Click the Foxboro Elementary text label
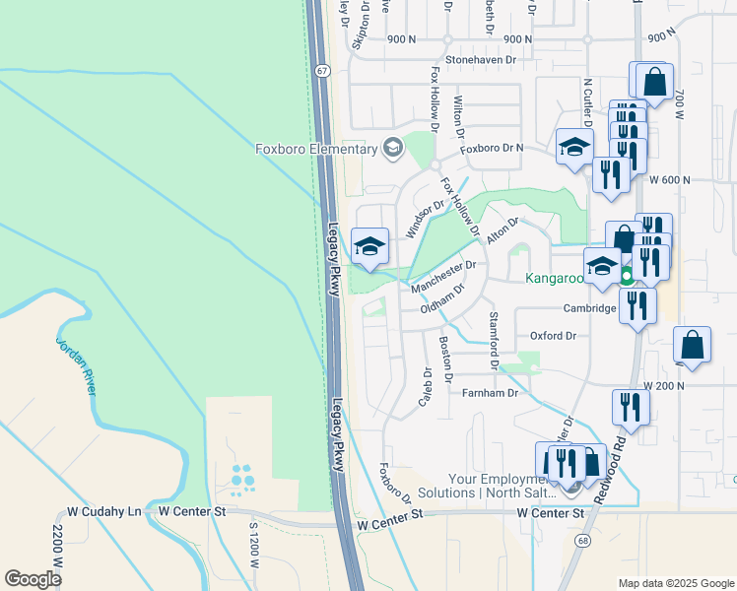point(316,149)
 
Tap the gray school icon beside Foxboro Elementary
point(393,149)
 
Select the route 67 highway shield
point(322,71)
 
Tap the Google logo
point(33,578)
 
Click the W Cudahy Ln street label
point(104,512)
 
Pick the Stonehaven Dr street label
point(481,60)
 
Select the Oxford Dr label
point(553,336)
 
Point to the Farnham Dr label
point(491,393)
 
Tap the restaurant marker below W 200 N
point(629,407)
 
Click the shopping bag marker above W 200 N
point(693,346)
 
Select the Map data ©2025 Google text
point(675,583)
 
